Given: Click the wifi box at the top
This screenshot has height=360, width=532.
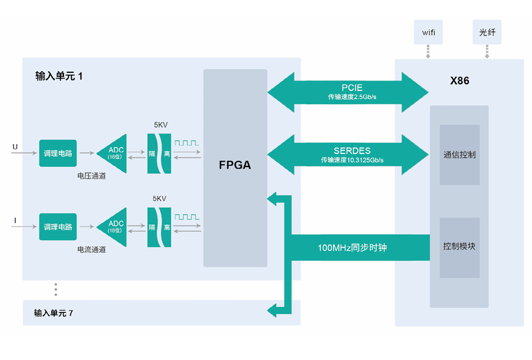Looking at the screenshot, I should click(x=428, y=32).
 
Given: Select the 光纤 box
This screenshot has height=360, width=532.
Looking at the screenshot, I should click(x=487, y=32).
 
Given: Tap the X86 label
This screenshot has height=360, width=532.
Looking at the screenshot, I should click(x=459, y=81).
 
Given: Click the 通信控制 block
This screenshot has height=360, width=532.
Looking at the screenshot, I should click(x=459, y=155).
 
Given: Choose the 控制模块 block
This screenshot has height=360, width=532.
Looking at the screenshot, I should click(x=459, y=246).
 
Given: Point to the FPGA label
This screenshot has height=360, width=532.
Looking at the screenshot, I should click(x=235, y=165).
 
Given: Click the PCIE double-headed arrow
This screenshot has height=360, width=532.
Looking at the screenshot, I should click(x=348, y=92).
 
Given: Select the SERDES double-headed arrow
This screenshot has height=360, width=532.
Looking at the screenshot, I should click(x=348, y=155).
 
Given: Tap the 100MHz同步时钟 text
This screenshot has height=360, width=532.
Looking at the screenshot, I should click(x=352, y=248).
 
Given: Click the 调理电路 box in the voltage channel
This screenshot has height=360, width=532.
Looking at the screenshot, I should click(x=58, y=153).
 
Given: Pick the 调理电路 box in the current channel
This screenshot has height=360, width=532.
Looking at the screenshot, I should click(x=58, y=226).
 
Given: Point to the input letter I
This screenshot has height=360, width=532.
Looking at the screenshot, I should click(x=15, y=221).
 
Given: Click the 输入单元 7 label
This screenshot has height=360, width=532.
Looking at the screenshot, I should click(x=54, y=313).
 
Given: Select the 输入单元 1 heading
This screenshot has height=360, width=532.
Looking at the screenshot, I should click(x=59, y=76).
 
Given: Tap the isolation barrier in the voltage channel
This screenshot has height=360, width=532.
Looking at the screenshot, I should click(x=159, y=153).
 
